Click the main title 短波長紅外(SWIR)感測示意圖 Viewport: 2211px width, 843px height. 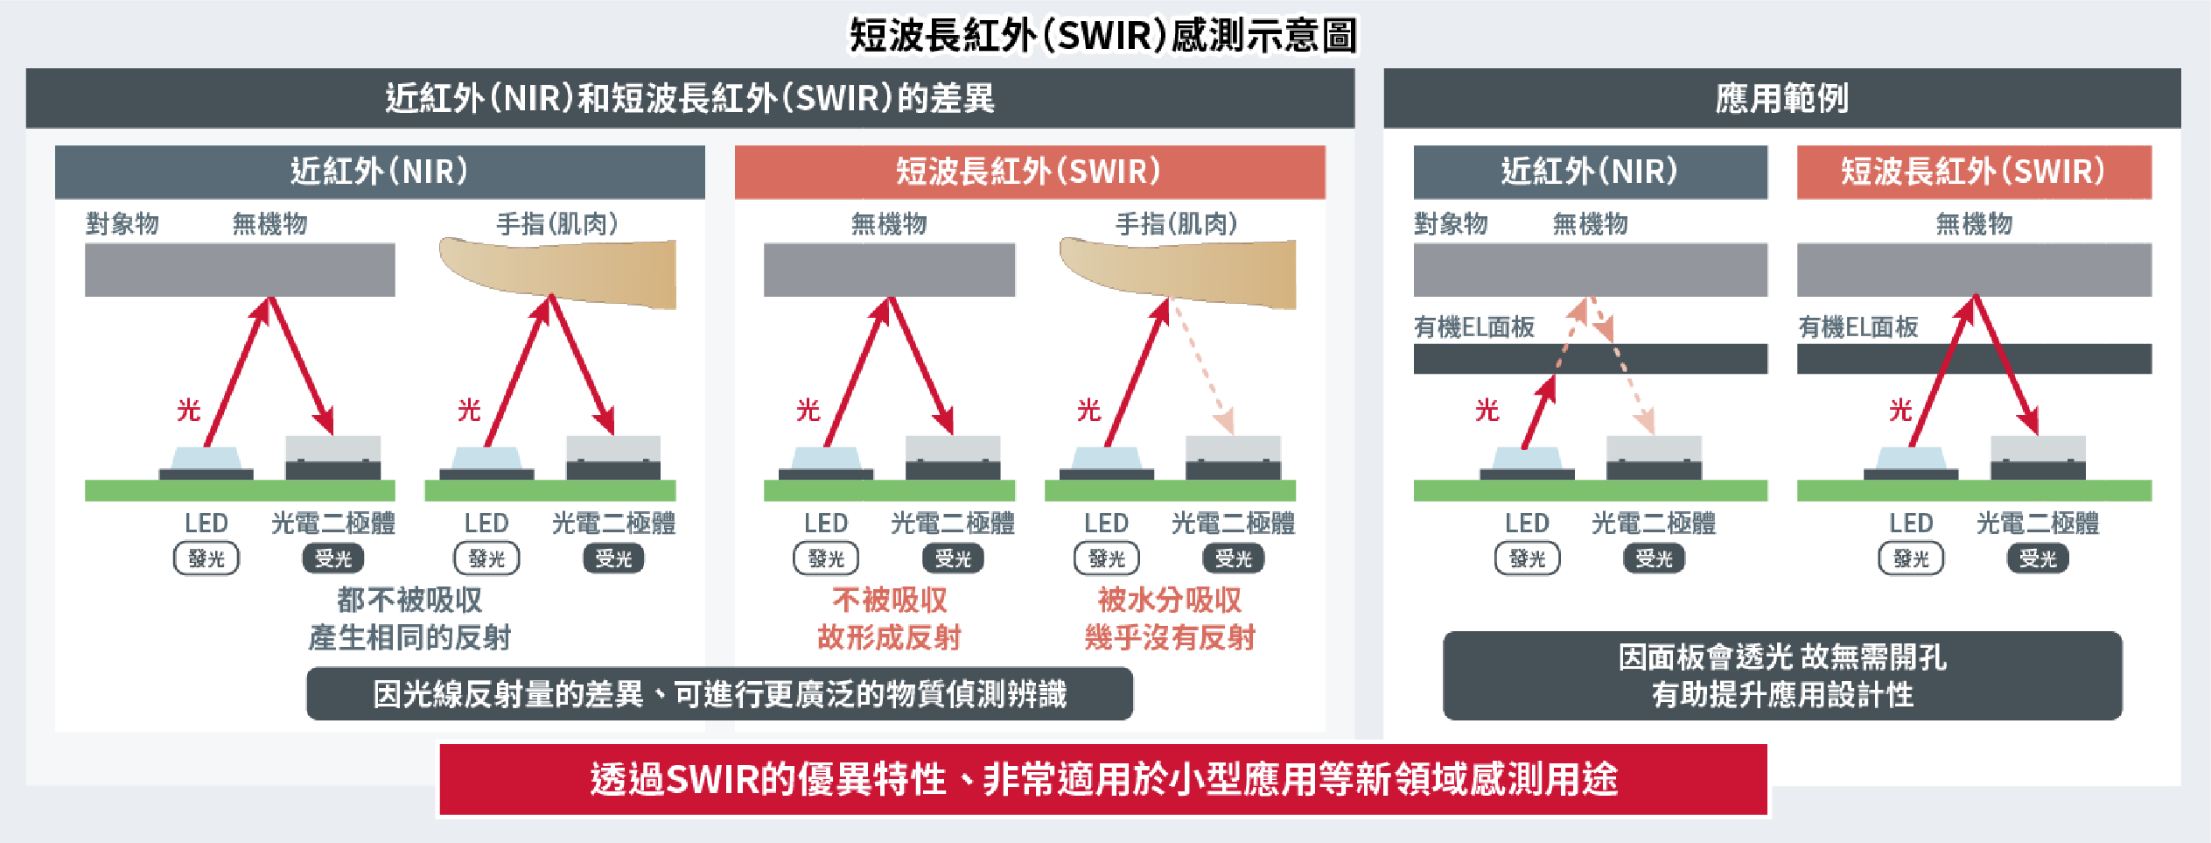[x=1103, y=36]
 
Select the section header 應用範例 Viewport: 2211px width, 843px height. [x=1781, y=98]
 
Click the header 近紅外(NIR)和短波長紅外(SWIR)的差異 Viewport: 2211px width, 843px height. [x=689, y=98]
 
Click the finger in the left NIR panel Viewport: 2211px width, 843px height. [x=560, y=271]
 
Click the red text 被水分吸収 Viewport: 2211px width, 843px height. [x=1169, y=600]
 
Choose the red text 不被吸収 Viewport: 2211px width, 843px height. [x=889, y=600]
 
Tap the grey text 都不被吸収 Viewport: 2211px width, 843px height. [x=409, y=600]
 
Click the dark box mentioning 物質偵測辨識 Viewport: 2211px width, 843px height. [x=719, y=694]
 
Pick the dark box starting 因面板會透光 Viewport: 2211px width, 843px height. [x=1781, y=676]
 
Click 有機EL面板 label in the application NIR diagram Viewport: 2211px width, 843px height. [x=1474, y=327]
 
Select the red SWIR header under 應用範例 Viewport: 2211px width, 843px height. [x=1973, y=172]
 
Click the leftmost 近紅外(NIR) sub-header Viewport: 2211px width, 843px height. [x=379, y=172]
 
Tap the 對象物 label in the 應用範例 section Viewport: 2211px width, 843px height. [x=1451, y=224]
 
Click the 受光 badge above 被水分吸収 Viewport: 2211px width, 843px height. [x=1233, y=558]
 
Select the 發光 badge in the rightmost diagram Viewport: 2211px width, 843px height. [x=1911, y=558]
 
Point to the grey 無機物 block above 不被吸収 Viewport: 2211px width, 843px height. [x=889, y=270]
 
